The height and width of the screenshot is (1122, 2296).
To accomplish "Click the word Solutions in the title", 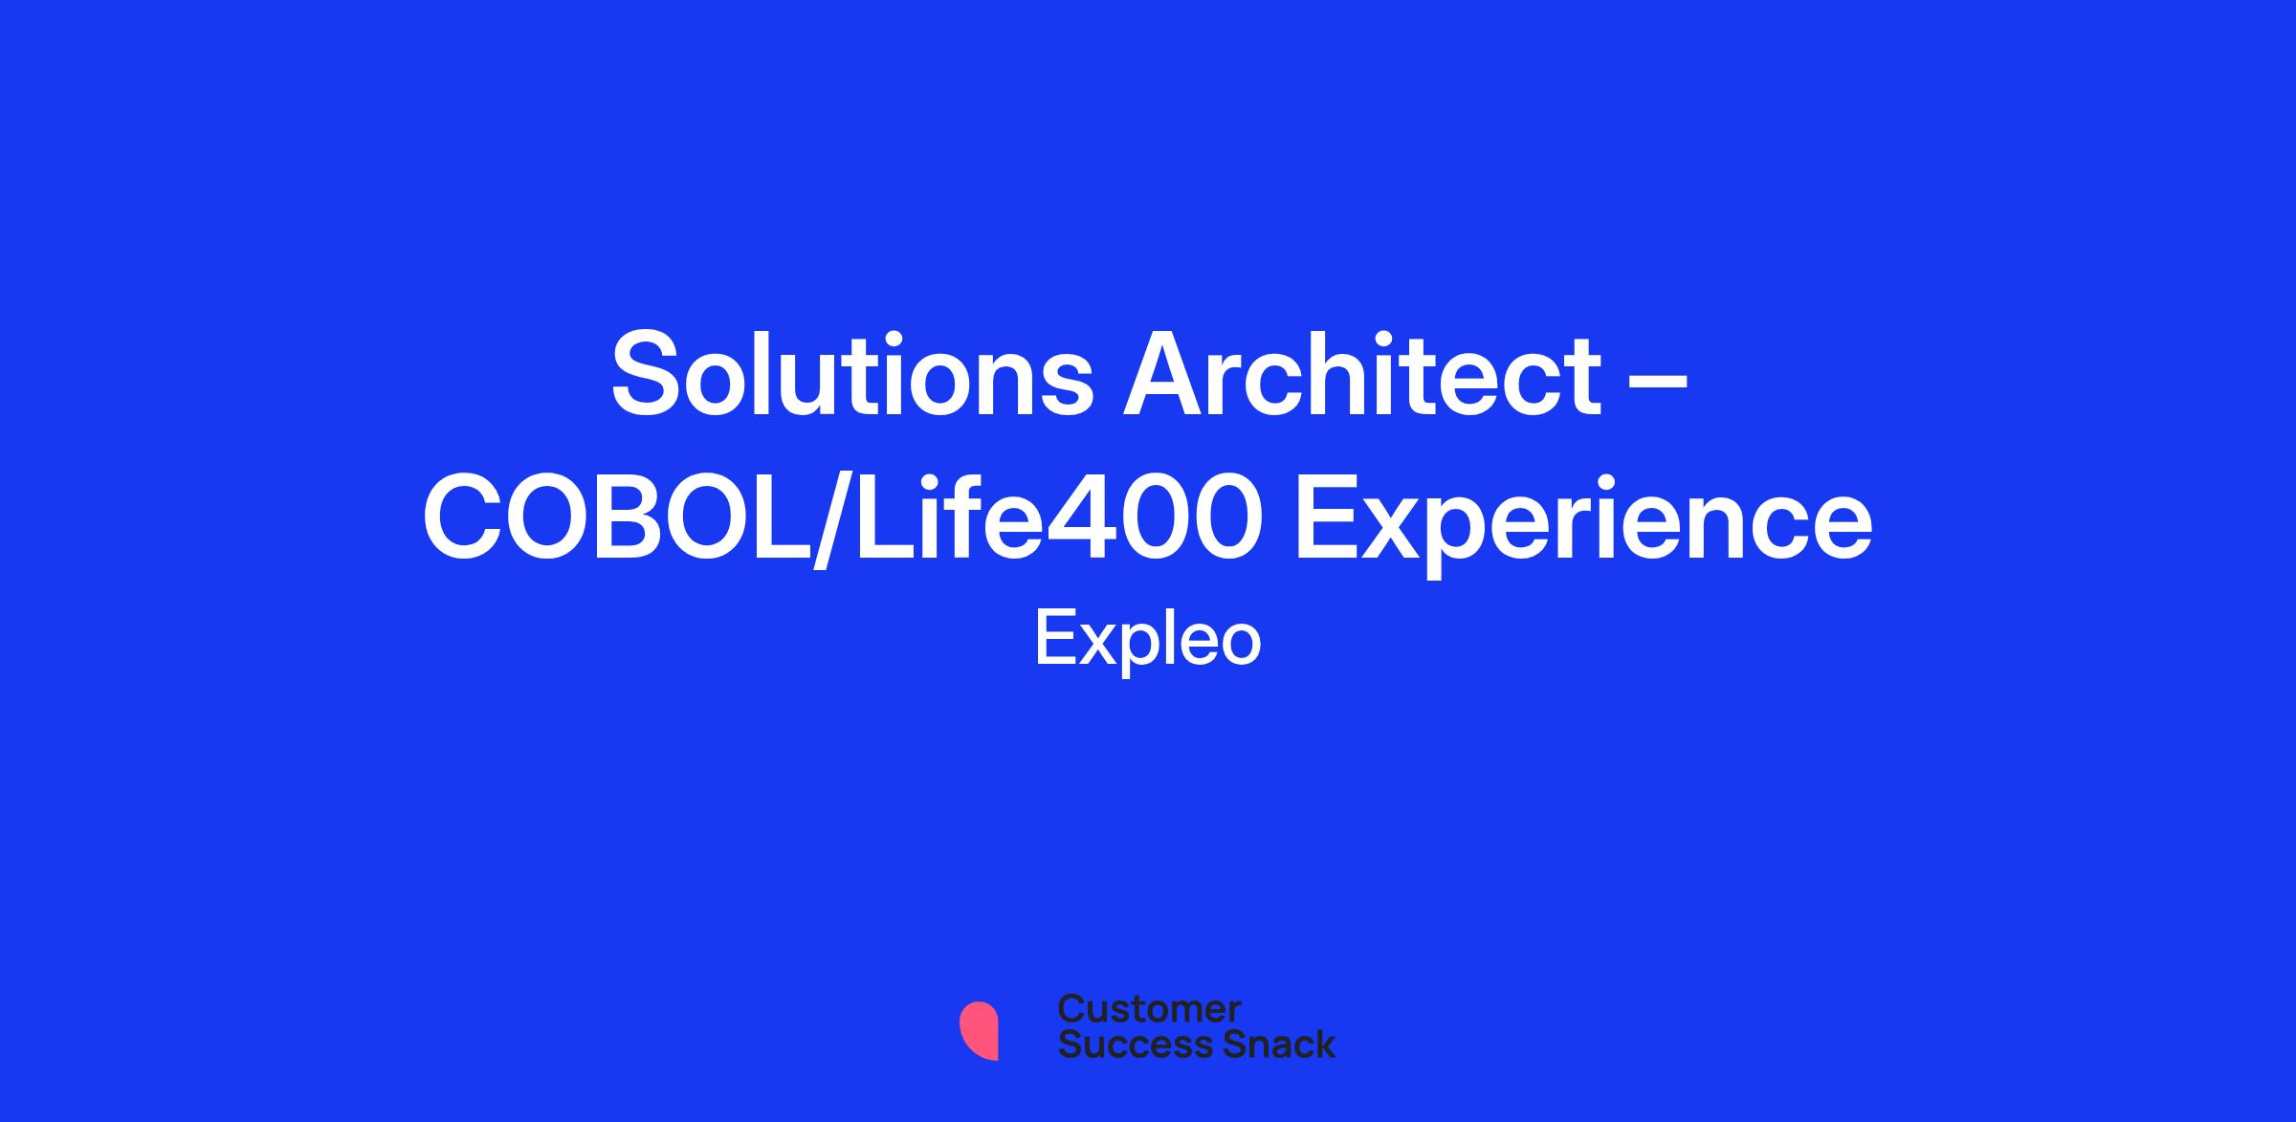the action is tap(851, 374).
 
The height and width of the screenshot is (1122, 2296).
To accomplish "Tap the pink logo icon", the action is tap(979, 1031).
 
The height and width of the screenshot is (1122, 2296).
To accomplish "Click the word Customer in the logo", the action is tap(1149, 1008).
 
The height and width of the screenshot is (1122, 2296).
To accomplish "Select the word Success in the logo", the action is tap(1122, 1044).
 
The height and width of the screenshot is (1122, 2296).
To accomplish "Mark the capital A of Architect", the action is tap(1164, 374).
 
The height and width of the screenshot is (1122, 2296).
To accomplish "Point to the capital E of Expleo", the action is tap(1055, 638).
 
